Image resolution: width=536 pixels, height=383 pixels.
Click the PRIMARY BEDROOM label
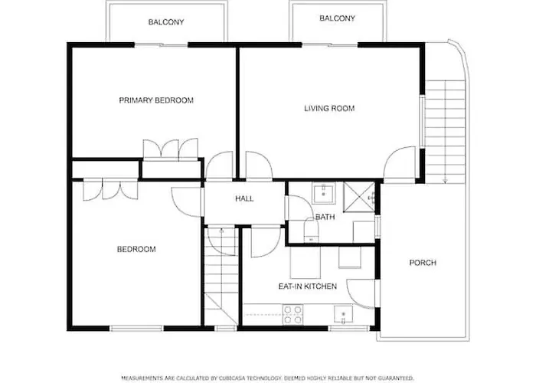(x=156, y=100)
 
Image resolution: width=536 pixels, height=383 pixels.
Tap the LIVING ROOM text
(x=329, y=109)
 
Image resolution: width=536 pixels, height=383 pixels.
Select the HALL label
(x=244, y=198)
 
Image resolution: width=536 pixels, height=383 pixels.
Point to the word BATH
(x=325, y=217)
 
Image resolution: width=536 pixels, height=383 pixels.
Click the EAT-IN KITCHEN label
(x=308, y=286)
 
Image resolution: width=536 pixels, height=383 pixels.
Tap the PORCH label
(x=423, y=263)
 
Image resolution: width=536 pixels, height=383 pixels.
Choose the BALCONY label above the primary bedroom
(x=166, y=22)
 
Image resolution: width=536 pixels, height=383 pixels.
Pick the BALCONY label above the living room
(x=338, y=18)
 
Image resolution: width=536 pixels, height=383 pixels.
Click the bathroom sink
(x=323, y=193)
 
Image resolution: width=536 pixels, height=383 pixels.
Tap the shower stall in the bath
(x=359, y=197)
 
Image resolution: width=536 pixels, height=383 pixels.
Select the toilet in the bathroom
(x=311, y=230)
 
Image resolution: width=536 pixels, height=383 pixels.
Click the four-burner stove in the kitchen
(x=293, y=315)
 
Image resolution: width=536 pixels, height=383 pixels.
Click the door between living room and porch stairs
(x=400, y=162)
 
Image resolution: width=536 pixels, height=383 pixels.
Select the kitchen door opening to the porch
(x=361, y=293)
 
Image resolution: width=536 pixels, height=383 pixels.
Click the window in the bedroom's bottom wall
(x=136, y=329)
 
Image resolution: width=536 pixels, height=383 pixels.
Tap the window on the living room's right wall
(x=422, y=121)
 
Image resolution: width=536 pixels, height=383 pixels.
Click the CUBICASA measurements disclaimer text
(x=268, y=378)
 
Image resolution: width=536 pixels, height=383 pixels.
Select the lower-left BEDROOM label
(x=136, y=249)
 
